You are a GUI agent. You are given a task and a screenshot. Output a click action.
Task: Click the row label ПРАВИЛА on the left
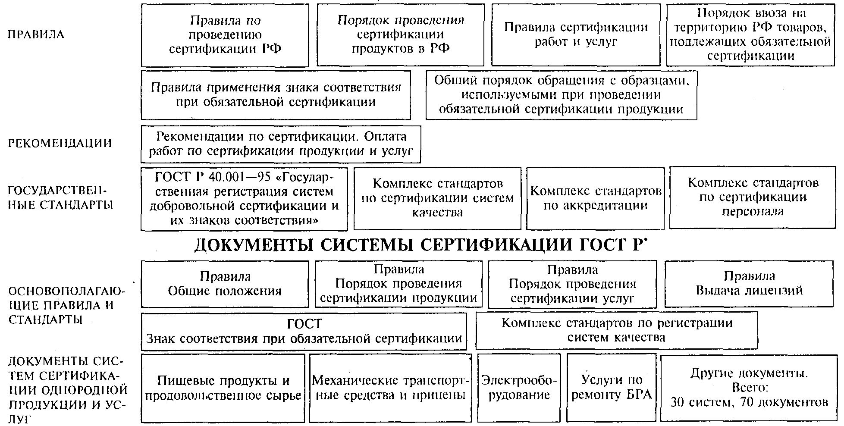tap(36, 34)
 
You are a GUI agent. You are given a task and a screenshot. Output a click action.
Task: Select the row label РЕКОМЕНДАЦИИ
tap(60, 143)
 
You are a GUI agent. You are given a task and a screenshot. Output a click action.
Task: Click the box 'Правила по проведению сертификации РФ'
tap(225, 35)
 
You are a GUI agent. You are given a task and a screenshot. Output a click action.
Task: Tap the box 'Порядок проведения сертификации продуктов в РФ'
tap(401, 34)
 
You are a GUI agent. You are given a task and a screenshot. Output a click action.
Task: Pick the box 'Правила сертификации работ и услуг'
tap(576, 34)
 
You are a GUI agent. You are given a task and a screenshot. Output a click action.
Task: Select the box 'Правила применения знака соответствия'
tap(276, 95)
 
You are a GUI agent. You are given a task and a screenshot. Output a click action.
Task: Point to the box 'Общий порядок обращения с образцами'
tap(561, 95)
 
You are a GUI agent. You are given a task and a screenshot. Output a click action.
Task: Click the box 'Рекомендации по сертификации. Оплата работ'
tap(280, 144)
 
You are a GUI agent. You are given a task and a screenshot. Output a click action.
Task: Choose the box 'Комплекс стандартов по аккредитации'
tap(595, 198)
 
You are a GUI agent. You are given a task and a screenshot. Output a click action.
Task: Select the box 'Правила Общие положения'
tap(225, 284)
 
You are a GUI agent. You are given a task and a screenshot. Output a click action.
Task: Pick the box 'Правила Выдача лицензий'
tap(749, 283)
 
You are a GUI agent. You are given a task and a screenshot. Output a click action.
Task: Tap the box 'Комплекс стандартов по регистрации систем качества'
tap(617, 330)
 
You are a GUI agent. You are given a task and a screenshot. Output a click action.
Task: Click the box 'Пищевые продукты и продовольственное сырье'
tap(223, 388)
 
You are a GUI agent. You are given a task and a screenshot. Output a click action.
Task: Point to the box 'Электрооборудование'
tap(519, 388)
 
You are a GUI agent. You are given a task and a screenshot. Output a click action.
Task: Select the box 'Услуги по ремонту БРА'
tap(611, 388)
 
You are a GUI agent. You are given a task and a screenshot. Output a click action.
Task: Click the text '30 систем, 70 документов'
tap(750, 403)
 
